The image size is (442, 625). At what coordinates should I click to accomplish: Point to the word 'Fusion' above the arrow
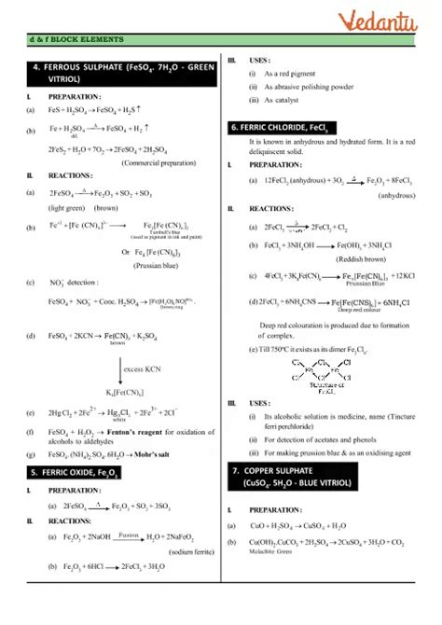tap(129, 535)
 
